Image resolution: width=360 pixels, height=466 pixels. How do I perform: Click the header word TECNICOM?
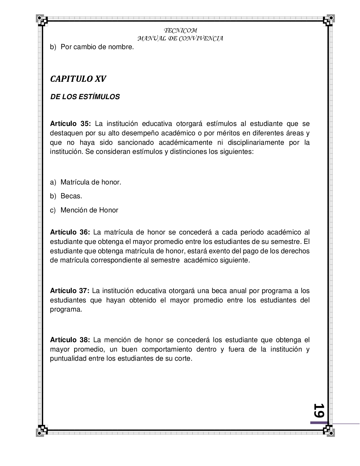point(180,31)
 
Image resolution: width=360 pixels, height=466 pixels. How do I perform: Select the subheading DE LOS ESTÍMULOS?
point(85,97)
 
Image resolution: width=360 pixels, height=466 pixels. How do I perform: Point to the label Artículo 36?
point(70,232)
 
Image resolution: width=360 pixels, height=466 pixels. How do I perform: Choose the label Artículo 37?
point(69,291)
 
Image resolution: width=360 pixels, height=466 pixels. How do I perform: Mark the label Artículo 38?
point(70,340)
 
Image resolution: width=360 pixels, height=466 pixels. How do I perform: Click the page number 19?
point(319,410)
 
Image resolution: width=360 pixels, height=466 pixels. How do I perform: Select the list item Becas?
point(71,196)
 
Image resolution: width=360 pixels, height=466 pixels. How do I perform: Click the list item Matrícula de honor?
point(91,182)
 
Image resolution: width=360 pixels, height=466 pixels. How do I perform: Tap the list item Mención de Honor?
point(89,210)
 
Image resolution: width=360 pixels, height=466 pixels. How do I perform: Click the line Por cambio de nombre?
point(97,47)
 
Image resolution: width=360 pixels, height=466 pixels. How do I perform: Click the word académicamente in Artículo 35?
point(185,143)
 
